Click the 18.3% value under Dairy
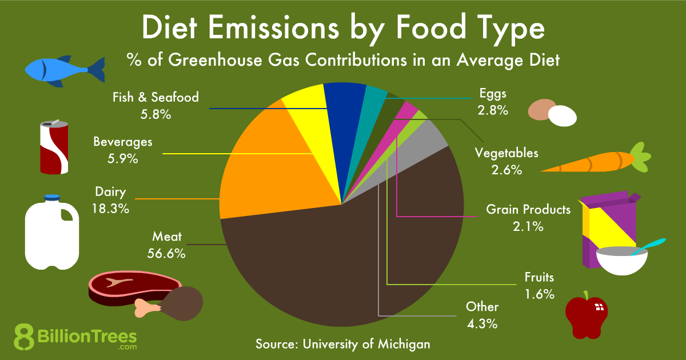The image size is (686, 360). (x=110, y=208)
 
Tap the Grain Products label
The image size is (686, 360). (x=528, y=210)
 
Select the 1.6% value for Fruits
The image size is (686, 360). (x=540, y=294)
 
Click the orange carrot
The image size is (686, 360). (x=589, y=161)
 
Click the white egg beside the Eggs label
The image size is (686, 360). (x=563, y=116)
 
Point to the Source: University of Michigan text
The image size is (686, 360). (x=342, y=344)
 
